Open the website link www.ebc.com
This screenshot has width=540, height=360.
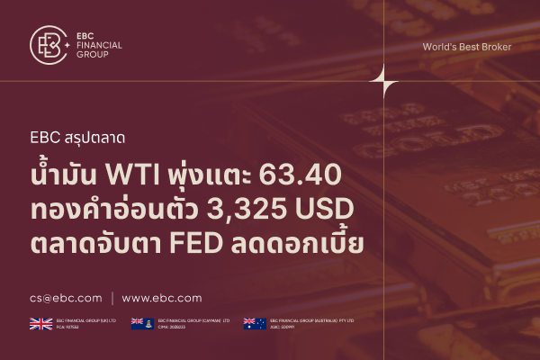click(162, 298)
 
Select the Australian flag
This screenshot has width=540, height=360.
click(255, 323)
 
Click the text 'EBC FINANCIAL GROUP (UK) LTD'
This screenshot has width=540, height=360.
click(85, 320)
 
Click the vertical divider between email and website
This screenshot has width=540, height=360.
click(112, 298)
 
